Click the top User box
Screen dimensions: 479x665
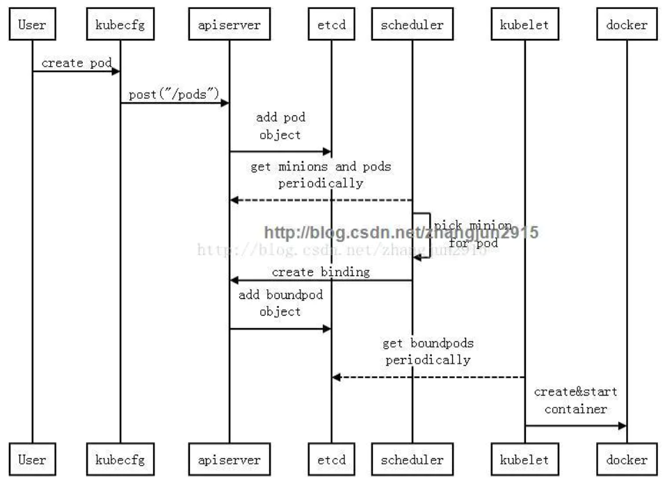32,26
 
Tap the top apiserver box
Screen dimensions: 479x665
230,26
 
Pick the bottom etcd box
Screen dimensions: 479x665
331,459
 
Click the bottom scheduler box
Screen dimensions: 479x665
412,459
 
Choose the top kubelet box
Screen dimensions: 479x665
524,26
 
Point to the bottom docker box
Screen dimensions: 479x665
626,459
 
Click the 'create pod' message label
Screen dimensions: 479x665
77,63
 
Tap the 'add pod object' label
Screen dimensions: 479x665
280,127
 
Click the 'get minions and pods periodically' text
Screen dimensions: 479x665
321,175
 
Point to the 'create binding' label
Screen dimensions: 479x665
321,272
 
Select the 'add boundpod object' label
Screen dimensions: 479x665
280,303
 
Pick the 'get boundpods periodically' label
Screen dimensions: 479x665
427,352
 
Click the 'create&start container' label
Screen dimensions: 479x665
575,400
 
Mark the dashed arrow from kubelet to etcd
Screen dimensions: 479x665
427,377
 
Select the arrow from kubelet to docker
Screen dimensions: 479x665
575,425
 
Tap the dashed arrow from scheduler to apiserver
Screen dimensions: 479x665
321,200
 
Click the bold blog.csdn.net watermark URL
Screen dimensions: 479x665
401,233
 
